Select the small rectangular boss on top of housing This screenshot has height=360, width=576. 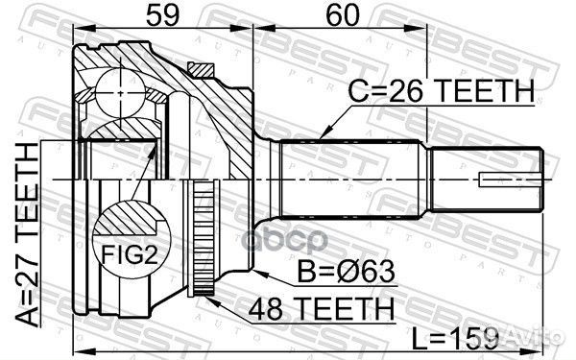[202, 69]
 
